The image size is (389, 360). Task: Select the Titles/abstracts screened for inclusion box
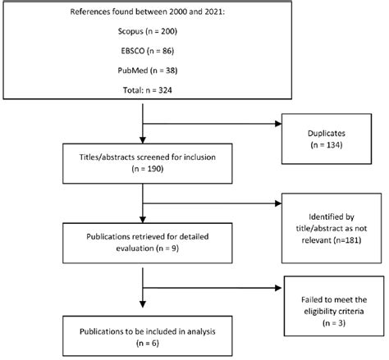click(144, 166)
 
